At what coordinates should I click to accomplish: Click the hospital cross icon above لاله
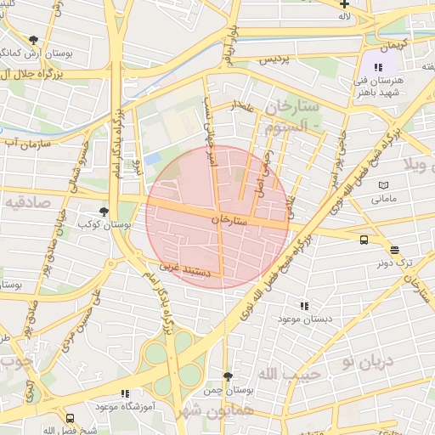tap(344, 4)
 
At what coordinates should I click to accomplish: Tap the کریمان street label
tap(393, 42)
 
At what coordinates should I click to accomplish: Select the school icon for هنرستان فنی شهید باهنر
tap(378, 66)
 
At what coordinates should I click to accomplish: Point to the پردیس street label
tap(274, 59)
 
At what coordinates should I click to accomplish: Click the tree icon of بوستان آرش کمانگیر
tap(33, 39)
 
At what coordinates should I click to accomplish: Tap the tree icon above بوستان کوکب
tap(105, 212)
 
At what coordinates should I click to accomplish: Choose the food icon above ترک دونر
tap(394, 250)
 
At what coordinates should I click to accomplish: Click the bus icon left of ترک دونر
tap(364, 240)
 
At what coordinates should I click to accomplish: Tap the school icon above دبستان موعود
tap(304, 305)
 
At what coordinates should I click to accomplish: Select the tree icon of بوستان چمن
tap(227, 376)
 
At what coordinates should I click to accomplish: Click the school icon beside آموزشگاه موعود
tap(126, 393)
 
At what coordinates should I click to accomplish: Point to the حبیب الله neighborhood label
tap(289, 374)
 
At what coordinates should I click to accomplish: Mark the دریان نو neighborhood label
tap(367, 360)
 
